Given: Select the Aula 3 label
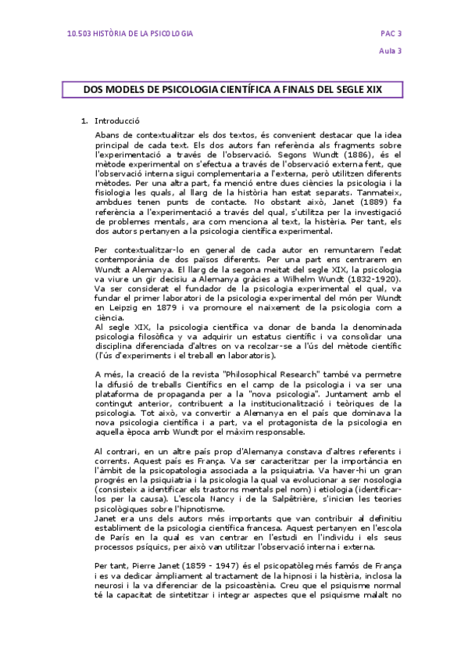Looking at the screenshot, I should (x=391, y=52).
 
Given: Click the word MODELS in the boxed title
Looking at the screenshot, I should (x=132, y=90).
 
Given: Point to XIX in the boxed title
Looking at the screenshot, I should (x=392, y=90).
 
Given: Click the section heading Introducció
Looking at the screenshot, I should (x=116, y=121).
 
